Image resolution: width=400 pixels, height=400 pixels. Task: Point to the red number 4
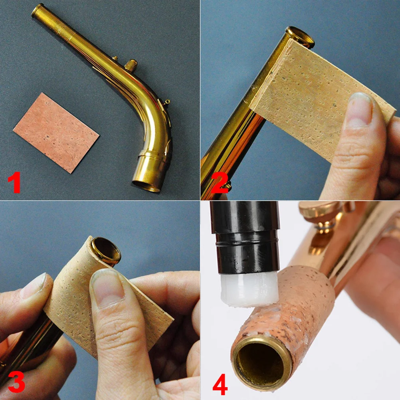tap(220, 385)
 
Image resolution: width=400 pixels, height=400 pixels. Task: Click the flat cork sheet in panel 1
tap(56, 133)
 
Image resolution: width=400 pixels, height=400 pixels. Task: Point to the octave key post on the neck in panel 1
tap(130, 64)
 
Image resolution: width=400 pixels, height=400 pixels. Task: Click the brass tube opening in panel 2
tap(300, 37)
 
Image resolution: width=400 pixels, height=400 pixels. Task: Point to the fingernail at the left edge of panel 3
tap(34, 286)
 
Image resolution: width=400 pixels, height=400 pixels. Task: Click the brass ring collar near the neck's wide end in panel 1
tap(152, 158)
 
